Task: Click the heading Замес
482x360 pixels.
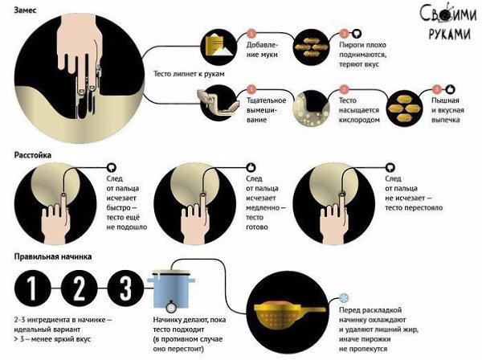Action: [x=26, y=10]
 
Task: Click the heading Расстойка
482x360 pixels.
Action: [x=33, y=155]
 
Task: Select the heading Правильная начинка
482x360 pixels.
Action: [x=53, y=256]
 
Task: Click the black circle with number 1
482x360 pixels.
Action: [x=32, y=288]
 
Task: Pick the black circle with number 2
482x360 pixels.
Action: [x=79, y=288]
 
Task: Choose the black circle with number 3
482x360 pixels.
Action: [x=126, y=288]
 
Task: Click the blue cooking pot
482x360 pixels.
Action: [x=172, y=289]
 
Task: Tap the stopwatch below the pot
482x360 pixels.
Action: [x=171, y=306]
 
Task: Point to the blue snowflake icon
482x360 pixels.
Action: [x=344, y=298]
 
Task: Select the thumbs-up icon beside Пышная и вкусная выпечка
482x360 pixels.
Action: [x=450, y=89]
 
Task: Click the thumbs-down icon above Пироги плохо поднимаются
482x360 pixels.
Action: [x=357, y=33]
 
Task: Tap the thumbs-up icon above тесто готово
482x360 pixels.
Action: [x=251, y=167]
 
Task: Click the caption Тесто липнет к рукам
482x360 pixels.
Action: [x=189, y=74]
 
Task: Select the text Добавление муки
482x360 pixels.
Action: [x=262, y=50]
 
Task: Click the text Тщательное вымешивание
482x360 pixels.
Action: [x=266, y=110]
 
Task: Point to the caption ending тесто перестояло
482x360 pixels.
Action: [x=414, y=193]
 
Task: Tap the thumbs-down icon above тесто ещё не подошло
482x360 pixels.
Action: [x=112, y=167]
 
